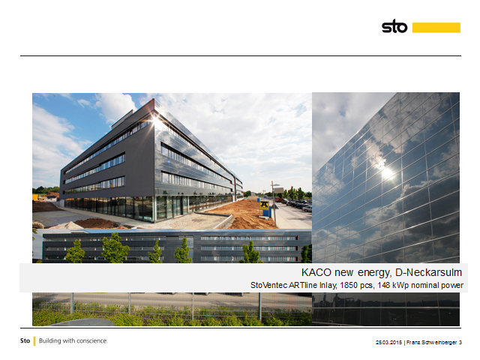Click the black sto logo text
tap(394, 26)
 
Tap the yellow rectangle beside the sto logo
tap(436, 28)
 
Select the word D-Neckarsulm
tap(428, 272)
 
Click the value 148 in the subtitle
tap(384, 285)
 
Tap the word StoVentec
tap(269, 285)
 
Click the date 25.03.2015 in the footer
tap(388, 342)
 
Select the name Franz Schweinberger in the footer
tap(432, 342)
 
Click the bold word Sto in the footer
tap(25, 340)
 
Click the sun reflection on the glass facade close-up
tap(387, 172)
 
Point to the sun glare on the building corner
tap(155, 118)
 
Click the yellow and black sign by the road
tap(264, 205)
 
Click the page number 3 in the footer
tap(460, 342)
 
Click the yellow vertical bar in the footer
tap(34, 341)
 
